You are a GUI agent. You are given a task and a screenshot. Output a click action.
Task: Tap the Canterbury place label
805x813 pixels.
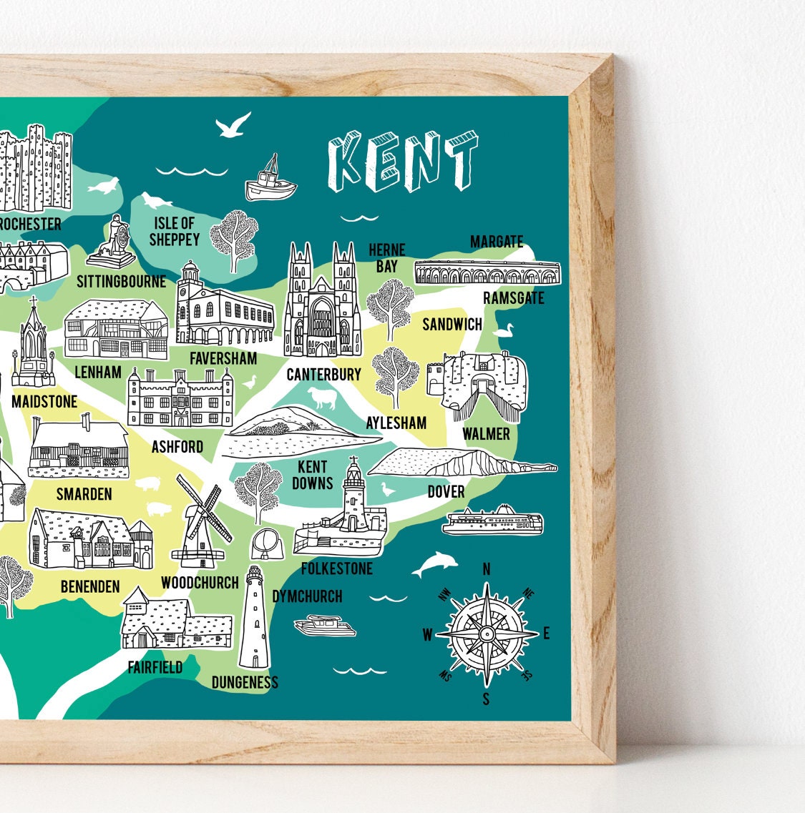tap(323, 374)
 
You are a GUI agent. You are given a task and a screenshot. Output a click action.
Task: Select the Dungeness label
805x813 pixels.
tap(245, 681)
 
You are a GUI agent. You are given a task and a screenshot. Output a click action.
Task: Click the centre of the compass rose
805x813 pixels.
tap(486, 634)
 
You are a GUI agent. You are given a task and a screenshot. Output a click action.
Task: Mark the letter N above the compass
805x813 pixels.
tap(487, 569)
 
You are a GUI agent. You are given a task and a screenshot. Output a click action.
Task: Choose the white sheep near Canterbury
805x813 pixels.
tap(321, 398)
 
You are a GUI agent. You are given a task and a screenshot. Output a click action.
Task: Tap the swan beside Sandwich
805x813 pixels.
tap(504, 330)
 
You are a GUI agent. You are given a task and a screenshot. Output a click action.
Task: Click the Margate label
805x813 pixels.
tap(497, 242)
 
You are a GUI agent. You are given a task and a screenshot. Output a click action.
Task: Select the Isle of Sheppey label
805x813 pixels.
tap(174, 232)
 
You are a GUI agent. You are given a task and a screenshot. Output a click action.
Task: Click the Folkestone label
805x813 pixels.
tap(336, 568)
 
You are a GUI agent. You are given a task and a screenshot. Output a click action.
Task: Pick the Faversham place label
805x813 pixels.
tap(223, 358)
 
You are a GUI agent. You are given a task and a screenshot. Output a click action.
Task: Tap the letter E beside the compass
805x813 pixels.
tap(546, 633)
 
